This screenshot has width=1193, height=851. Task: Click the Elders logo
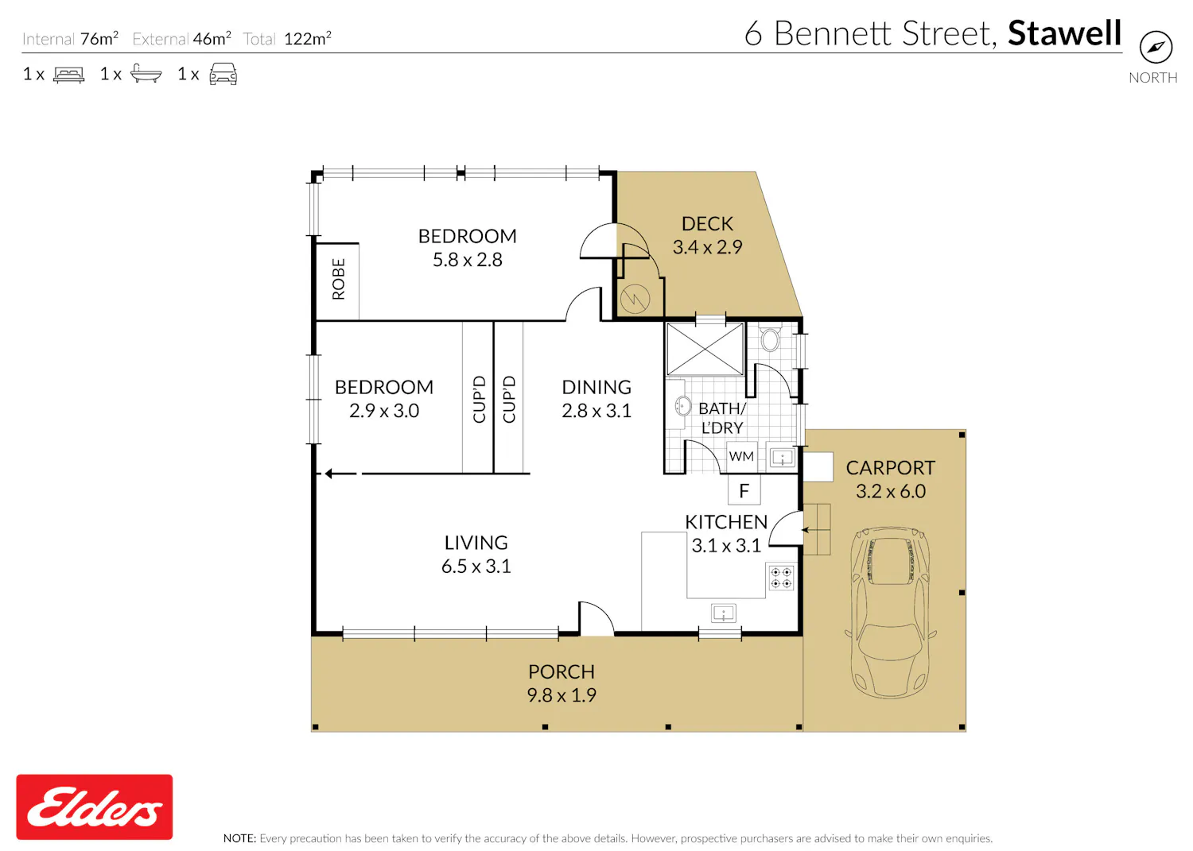(95, 807)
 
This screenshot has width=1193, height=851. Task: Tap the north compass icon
(1156, 48)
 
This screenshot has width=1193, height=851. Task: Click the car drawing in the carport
(891, 612)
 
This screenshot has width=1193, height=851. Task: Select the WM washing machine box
(741, 456)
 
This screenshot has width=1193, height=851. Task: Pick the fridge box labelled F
(744, 489)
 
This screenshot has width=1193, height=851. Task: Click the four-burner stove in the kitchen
(781, 578)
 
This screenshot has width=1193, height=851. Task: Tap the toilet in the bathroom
(770, 338)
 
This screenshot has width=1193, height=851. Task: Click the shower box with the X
(705, 349)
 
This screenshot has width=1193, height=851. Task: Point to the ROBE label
(339, 279)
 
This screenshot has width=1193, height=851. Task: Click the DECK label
(707, 223)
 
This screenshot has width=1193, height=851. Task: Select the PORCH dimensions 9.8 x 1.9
(562, 695)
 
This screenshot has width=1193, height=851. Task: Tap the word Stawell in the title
(1065, 33)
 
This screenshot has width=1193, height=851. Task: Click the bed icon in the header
(68, 75)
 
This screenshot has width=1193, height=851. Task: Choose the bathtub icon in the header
(146, 73)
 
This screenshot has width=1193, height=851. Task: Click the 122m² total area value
(307, 38)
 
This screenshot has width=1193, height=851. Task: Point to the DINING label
(596, 387)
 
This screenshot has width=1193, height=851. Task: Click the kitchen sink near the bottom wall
(723, 613)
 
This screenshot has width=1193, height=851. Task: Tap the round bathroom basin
(682, 406)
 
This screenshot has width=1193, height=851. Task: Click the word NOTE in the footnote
(239, 838)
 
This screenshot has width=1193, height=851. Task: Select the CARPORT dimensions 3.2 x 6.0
(891, 491)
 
